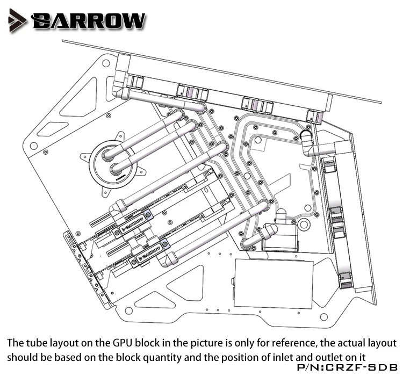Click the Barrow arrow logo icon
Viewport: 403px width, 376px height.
(17, 20)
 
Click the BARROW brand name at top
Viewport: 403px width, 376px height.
(88, 20)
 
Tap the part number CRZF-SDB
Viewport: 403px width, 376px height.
(362, 367)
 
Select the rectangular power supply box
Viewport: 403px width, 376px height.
(274, 283)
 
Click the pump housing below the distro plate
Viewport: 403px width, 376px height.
(280, 236)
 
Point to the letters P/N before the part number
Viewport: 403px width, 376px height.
(309, 367)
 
